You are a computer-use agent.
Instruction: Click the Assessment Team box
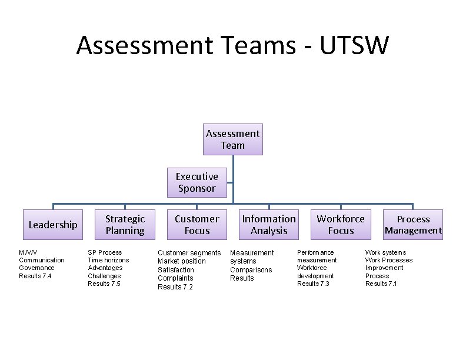232,139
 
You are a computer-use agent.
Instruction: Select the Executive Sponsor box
197,182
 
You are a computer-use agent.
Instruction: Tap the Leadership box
53,225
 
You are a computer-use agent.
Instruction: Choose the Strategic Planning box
125,225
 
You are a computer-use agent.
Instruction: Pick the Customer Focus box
197,225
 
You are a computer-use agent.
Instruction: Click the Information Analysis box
269,225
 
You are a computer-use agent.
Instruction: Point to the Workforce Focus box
341,225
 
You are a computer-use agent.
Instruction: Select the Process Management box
413,225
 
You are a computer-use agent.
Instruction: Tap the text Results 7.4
35,276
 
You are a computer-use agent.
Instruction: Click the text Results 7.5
104,284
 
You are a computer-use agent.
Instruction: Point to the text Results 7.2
175,287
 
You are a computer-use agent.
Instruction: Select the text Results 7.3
313,284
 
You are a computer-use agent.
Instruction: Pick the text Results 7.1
381,284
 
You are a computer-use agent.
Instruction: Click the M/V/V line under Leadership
28,252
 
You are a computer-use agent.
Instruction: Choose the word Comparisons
251,270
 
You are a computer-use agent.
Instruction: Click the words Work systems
385,252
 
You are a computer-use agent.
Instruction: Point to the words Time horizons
108,260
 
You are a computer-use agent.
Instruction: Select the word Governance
37,268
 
